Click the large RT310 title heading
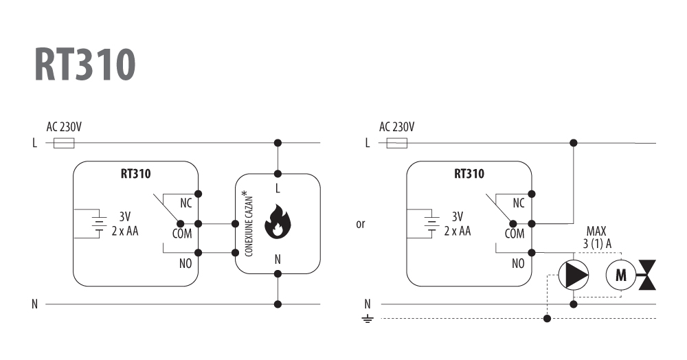pos(85,64)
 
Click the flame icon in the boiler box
pos(278,222)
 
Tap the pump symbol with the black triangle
pos(573,275)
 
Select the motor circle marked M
pos(620,275)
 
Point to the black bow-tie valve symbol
pos(647,275)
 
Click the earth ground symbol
pos(368,319)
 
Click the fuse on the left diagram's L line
pos(64,143)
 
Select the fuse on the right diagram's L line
pos(396,143)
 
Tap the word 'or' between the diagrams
pos(361,224)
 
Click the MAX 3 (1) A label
pos(597,238)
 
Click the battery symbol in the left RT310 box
pos(100,224)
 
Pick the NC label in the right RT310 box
pos(519,203)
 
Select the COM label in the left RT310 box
pos(182,234)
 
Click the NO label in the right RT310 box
pos(518,263)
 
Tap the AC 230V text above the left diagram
pos(64,127)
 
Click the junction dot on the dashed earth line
pos(547,318)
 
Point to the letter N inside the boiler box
pos(278,260)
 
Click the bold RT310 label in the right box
pos(469,174)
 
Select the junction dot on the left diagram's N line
pos(278,304)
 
